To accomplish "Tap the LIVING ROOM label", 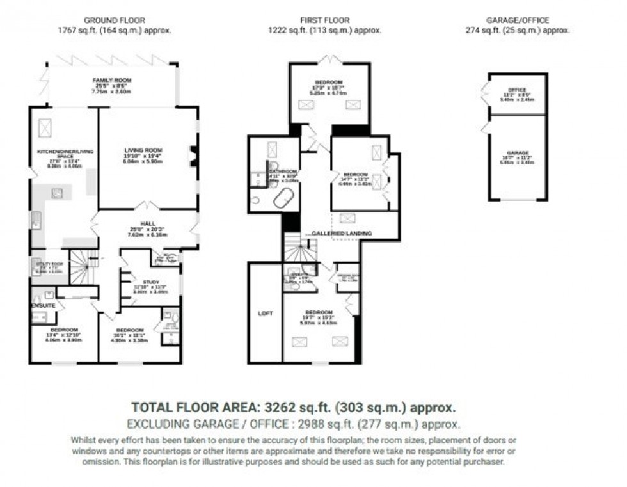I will tap(143, 150).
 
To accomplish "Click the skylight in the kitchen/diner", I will tap(46, 128).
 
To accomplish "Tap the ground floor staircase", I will tap(81, 264).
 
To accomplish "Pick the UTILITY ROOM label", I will tap(43, 264).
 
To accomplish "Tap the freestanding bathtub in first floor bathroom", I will tap(282, 200).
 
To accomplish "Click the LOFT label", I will tap(265, 314).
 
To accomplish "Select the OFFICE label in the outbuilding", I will tap(516, 90).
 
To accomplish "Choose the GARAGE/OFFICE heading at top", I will tap(516, 20).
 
